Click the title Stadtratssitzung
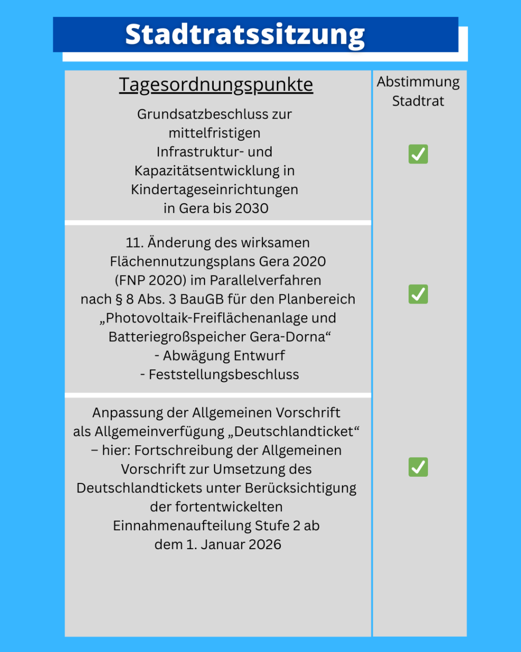pos(245,35)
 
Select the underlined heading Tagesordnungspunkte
pos(216,85)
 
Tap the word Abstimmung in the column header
pos(418,82)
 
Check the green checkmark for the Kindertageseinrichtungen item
pos(418,154)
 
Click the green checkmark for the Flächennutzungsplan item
pos(418,294)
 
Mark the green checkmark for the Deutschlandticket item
pos(418,467)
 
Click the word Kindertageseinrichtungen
pos(214,189)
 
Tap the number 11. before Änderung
pos(134,242)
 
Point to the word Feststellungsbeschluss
pos(224,374)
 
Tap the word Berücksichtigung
pos(300,488)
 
